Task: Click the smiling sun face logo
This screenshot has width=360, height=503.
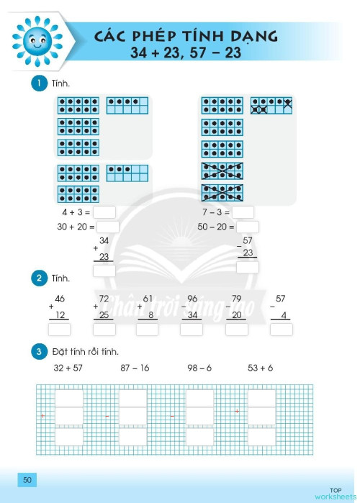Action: pyautogui.click(x=37, y=41)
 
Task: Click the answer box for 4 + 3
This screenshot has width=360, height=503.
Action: pyautogui.click(x=104, y=212)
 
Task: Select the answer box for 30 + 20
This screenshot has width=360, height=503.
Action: pyautogui.click(x=108, y=227)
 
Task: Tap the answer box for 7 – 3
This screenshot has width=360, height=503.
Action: pyautogui.click(x=243, y=212)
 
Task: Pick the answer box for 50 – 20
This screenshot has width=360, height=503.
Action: pyautogui.click(x=248, y=227)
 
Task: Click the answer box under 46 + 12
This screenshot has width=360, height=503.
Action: pyautogui.click(x=59, y=330)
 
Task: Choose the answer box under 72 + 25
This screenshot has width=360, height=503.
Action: pyautogui.click(x=104, y=330)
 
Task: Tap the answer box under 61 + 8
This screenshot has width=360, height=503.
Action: pyautogui.click(x=148, y=330)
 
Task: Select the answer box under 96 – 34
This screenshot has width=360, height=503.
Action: pyautogui.click(x=192, y=330)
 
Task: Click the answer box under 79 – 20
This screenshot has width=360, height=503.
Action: pyautogui.click(x=237, y=330)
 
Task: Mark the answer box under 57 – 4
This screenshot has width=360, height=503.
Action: pyautogui.click(x=282, y=330)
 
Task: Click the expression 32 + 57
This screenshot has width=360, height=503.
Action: pyautogui.click(x=68, y=368)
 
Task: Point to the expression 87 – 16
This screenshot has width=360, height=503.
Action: pyautogui.click(x=135, y=368)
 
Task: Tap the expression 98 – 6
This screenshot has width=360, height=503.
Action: pyautogui.click(x=199, y=368)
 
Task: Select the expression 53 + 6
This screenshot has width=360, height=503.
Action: pyautogui.click(x=260, y=368)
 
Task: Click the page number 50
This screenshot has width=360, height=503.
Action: pyautogui.click(x=27, y=480)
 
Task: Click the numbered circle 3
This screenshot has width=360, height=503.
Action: pyautogui.click(x=39, y=352)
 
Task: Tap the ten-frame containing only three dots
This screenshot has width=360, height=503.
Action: pyautogui.click(x=127, y=173)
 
